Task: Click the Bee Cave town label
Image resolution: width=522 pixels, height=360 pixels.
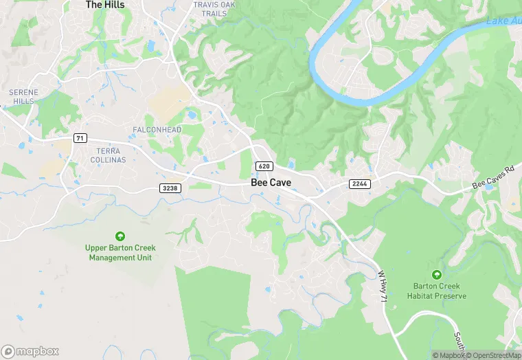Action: pyautogui.click(x=271, y=182)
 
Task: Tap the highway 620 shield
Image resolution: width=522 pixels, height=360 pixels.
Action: pyautogui.click(x=265, y=166)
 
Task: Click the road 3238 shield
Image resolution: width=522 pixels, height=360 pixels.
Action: pyautogui.click(x=170, y=188)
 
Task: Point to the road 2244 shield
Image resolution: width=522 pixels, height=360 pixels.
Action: pyautogui.click(x=359, y=183)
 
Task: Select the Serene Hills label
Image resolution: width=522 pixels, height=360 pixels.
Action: pyautogui.click(x=24, y=96)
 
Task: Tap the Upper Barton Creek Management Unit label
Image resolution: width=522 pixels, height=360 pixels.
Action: pyautogui.click(x=120, y=253)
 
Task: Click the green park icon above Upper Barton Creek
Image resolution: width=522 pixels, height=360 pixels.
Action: pyautogui.click(x=120, y=236)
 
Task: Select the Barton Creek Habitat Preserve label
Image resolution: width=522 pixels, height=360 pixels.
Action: pyautogui.click(x=440, y=291)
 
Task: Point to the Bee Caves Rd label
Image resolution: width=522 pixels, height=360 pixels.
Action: pyautogui.click(x=493, y=178)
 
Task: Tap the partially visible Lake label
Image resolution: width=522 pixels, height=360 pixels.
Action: pyautogui.click(x=503, y=21)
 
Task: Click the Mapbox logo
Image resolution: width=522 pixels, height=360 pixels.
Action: pyautogui.click(x=30, y=350)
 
